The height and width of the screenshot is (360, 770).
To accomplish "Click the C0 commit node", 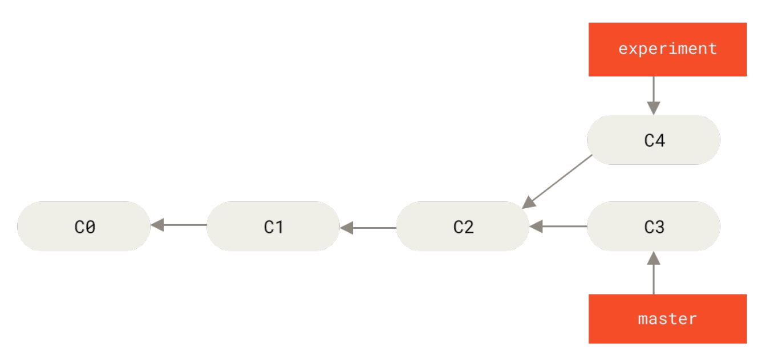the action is point(84,226).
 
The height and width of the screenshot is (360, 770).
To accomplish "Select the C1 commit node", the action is point(273,226).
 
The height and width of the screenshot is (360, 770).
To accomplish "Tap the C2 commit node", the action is point(463,226).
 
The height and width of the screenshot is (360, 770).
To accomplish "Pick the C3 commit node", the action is point(654,226).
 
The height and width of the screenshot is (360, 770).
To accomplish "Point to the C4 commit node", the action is point(654,140).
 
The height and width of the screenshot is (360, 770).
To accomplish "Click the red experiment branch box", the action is point(667,50).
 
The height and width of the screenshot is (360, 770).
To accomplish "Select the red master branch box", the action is point(667,318).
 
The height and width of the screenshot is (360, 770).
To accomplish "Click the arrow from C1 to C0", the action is point(179,225).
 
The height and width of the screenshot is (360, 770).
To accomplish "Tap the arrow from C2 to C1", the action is point(368,228).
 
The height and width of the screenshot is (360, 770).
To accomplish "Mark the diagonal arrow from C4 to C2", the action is point(558,181).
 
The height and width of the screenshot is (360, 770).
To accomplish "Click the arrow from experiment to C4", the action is point(654,95).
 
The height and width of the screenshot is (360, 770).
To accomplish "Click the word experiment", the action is point(667,48).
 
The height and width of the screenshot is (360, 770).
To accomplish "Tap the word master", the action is point(667,318).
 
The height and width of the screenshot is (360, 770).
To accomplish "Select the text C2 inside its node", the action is point(463,227).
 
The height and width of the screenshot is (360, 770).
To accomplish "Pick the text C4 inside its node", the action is point(654,140).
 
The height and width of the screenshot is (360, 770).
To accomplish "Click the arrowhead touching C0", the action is point(157,225).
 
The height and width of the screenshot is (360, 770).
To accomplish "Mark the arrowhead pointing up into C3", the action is point(654,258).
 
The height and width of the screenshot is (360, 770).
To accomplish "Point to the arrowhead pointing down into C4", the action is point(654,108).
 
